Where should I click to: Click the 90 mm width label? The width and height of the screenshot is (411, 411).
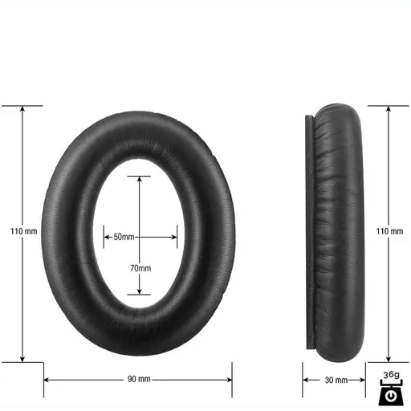click(139, 379)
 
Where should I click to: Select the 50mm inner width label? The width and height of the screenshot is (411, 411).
click(124, 237)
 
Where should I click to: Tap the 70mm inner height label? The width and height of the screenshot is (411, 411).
click(140, 268)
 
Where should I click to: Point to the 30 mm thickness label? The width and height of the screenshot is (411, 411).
click(336, 380)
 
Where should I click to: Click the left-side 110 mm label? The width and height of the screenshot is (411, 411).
click(23, 231)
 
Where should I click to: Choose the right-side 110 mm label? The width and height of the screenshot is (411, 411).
click(389, 231)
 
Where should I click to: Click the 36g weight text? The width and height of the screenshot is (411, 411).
click(391, 375)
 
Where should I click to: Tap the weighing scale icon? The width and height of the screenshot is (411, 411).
click(391, 393)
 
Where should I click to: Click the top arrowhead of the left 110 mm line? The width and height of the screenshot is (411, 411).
click(22, 108)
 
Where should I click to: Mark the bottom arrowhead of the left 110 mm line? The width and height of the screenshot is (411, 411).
click(22, 360)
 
